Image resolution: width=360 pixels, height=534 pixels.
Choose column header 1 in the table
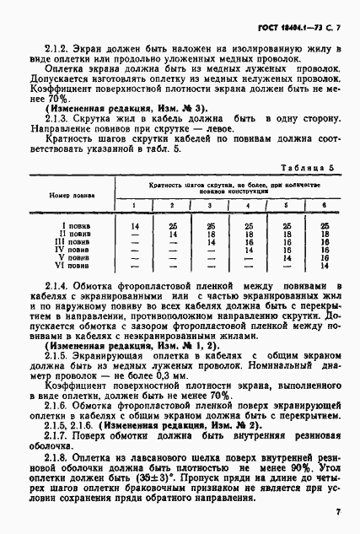point(134,205)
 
